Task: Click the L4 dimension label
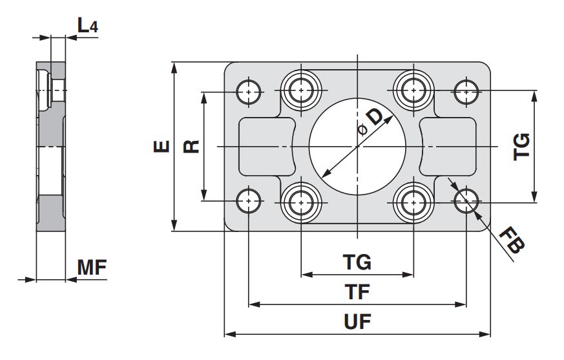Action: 87,26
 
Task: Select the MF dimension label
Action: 91,267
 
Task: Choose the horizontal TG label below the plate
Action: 357,262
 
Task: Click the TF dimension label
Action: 357,292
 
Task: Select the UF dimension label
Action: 357,323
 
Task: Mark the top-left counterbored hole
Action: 300,90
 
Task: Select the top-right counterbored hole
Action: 413,90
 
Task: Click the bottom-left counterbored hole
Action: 300,202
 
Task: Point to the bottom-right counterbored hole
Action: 413,202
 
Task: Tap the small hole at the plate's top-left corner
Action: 249,91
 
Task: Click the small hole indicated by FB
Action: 465,202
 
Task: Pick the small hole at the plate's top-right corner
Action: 465,91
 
